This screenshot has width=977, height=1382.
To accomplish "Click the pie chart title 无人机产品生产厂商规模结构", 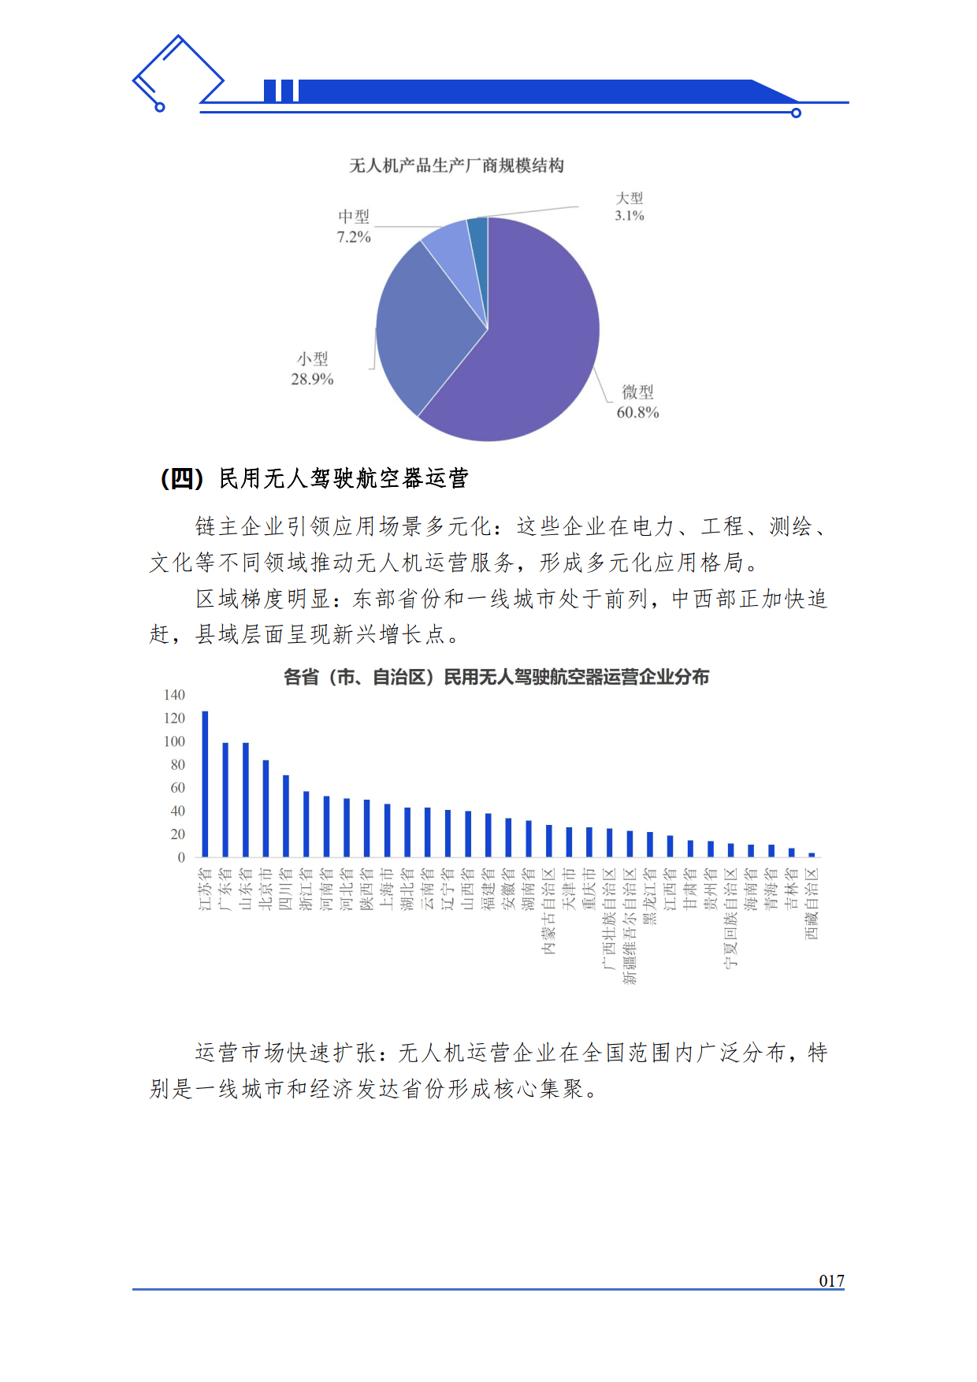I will (456, 165).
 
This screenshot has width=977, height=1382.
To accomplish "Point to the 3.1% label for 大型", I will (630, 215).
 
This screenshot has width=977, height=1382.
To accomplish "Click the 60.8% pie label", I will (637, 412).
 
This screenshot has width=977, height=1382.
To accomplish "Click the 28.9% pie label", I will (312, 379).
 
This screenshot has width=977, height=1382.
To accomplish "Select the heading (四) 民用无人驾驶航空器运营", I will (314, 478).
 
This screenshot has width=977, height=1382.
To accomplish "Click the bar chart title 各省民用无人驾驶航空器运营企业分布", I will (496, 677).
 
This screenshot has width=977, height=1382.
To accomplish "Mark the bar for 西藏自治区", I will (812, 855).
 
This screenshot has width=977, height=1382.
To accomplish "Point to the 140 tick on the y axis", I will (174, 695).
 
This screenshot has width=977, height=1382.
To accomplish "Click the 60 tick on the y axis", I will (177, 788).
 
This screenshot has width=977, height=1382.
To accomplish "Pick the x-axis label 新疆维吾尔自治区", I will (630, 926).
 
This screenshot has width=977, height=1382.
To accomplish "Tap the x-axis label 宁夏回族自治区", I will (730, 918).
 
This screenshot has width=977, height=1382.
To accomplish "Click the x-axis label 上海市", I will (387, 889).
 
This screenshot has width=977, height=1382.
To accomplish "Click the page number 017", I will (831, 1281).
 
